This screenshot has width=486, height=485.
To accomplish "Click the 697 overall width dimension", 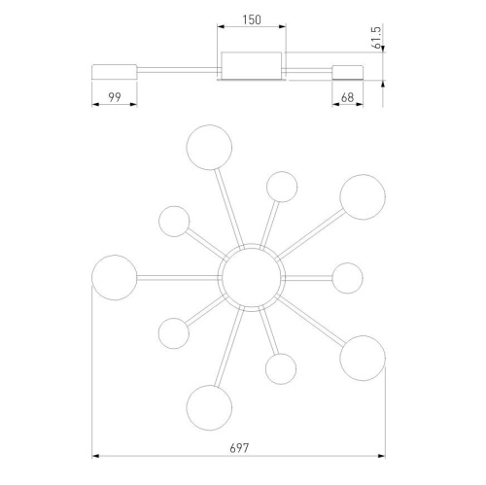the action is [x=239, y=448].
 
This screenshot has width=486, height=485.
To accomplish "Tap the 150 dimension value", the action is [x=252, y=20].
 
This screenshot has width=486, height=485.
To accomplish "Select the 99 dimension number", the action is [x=115, y=97].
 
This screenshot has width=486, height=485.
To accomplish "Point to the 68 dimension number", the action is [x=348, y=97].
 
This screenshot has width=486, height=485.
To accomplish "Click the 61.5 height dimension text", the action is [x=376, y=38].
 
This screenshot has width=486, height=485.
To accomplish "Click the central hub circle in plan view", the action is [x=252, y=278].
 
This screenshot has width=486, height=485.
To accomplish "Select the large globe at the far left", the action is [x=115, y=278].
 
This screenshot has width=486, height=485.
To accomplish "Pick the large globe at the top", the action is [x=209, y=148].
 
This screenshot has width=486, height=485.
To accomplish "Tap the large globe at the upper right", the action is [x=363, y=197].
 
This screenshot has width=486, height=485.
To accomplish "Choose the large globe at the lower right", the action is [x=363, y=358].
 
